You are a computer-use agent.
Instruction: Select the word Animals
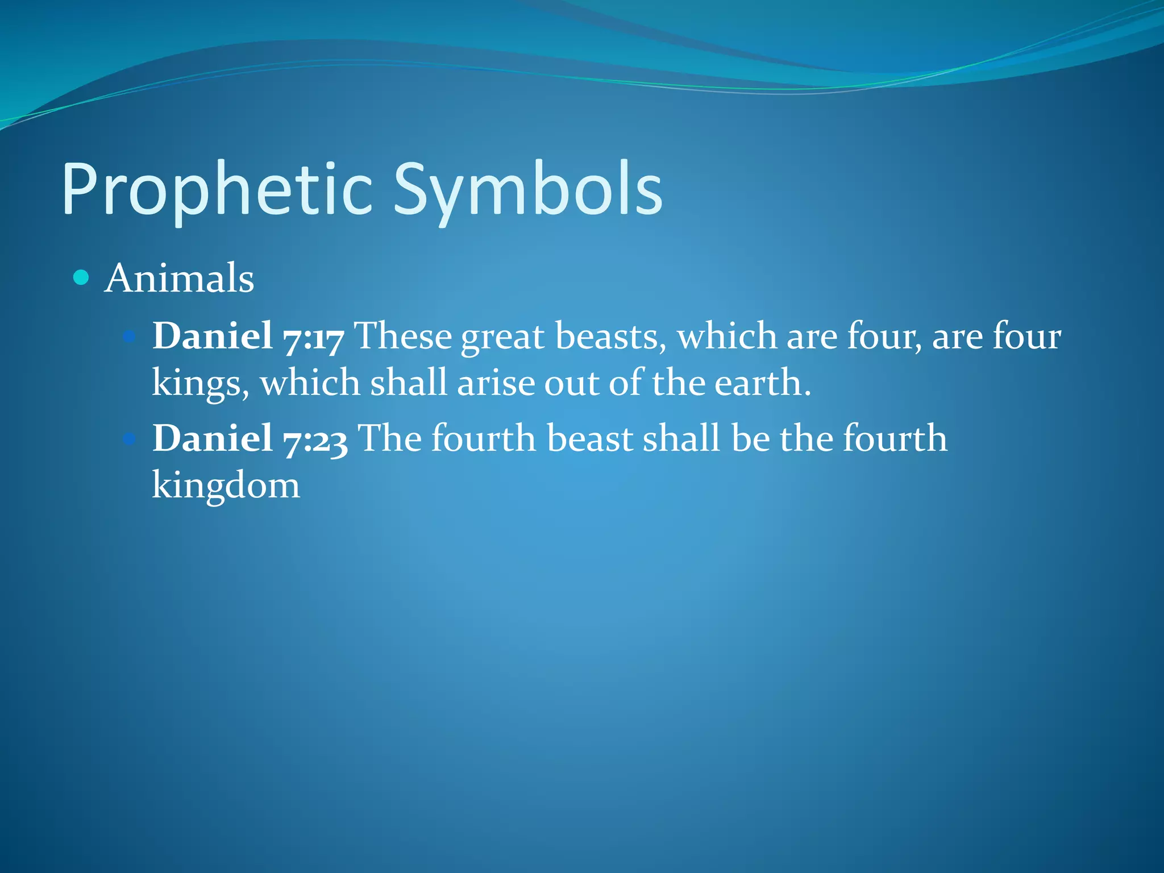179,278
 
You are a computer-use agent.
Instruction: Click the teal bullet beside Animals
82,277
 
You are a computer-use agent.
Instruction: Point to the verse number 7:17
313,336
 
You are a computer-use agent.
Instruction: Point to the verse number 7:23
315,439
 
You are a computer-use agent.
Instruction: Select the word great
502,336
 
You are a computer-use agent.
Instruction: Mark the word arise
496,382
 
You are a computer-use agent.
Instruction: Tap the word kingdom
226,486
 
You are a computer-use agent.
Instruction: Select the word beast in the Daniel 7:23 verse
589,438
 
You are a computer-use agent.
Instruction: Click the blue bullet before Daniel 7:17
130,336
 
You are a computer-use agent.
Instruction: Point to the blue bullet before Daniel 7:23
130,439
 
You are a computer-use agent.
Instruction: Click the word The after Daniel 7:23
390,438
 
